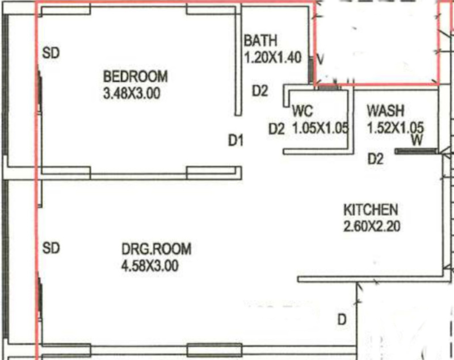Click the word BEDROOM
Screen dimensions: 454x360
point(136,77)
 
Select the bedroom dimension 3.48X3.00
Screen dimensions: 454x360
point(132,94)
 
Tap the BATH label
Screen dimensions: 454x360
point(260,40)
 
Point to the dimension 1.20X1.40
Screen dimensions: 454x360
point(273,57)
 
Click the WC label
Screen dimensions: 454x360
point(302,111)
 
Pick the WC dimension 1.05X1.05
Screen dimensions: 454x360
point(321,128)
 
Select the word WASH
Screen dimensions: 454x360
point(385,111)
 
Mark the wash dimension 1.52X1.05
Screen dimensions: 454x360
point(396,128)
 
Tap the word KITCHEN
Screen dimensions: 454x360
point(371,210)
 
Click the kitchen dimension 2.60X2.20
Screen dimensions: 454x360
point(372,226)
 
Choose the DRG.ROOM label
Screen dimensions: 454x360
point(157,249)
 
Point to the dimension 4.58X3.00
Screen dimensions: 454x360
point(150,266)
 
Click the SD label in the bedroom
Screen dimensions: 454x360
point(51,53)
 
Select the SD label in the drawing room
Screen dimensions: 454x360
point(51,248)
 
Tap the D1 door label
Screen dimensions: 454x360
point(236,141)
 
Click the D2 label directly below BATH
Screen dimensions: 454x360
point(260,91)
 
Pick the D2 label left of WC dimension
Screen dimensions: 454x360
point(276,129)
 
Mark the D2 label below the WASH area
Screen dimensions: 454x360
point(376,159)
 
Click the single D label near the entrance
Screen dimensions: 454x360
point(342,320)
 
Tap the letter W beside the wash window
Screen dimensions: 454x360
point(417,140)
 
